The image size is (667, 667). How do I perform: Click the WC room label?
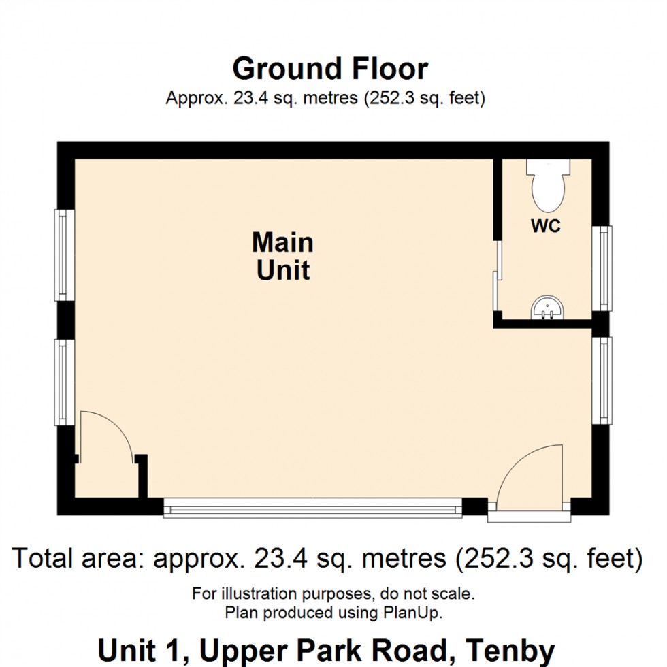point(546,227)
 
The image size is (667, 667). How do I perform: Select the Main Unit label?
point(283,256)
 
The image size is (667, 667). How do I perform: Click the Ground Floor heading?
point(330,69)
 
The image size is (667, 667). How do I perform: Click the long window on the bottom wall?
point(313,507)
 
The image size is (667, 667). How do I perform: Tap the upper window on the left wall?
point(65,255)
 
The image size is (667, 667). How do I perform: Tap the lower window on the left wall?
point(65,383)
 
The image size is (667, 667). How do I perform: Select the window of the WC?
point(602,268)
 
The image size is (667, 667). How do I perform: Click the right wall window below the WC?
point(602,380)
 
